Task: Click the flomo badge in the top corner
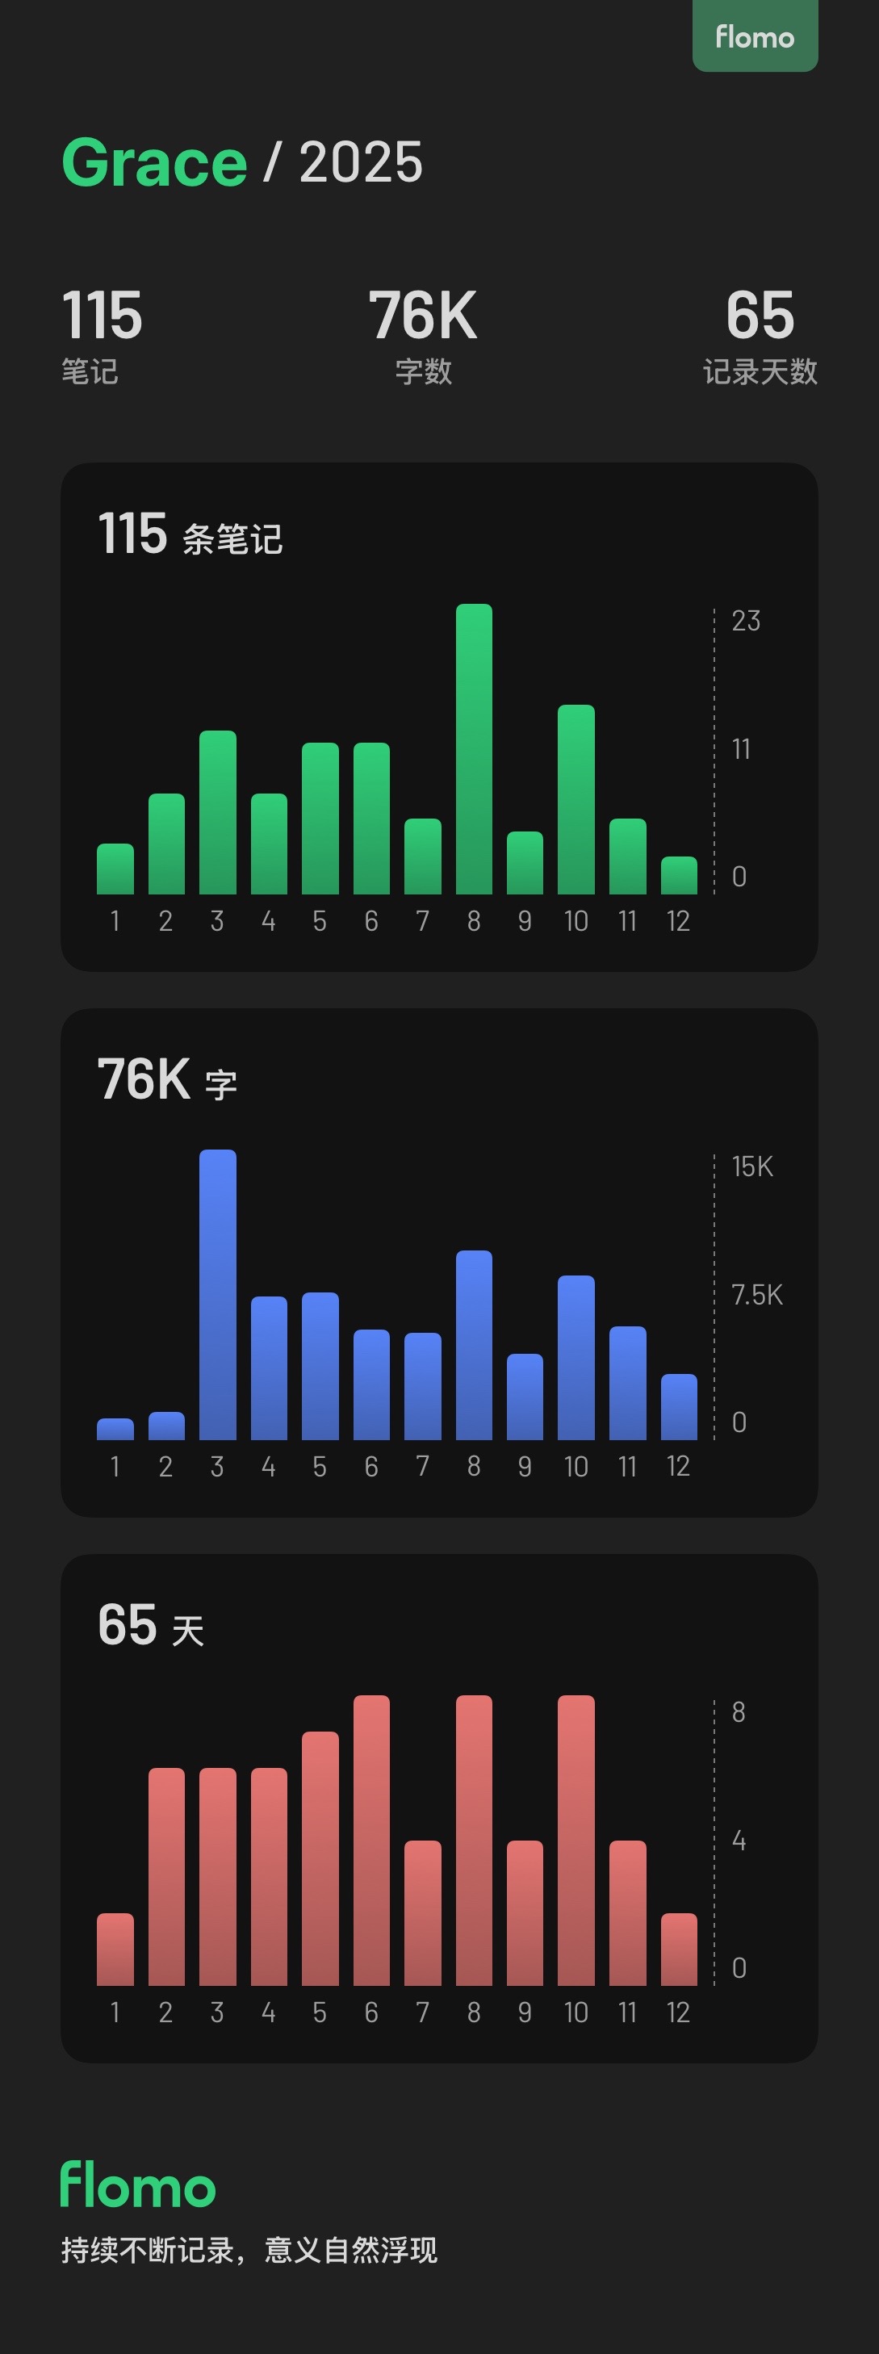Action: (755, 36)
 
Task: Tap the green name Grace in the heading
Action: (154, 162)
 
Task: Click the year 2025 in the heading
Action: (361, 162)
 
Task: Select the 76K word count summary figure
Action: (423, 316)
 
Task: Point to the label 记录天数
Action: (760, 372)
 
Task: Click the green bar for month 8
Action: (473, 749)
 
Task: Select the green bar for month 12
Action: (679, 875)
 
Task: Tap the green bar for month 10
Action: (576, 799)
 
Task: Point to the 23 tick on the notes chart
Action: (746, 622)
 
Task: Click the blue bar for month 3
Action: (217, 1295)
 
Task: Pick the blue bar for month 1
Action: (115, 1429)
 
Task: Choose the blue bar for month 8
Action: (473, 1345)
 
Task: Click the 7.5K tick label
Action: (756, 1295)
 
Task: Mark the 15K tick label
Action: (752, 1167)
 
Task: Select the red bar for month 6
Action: (371, 1841)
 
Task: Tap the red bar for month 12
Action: (679, 1950)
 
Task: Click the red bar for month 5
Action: (320, 1858)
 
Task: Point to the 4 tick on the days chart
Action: (739, 1841)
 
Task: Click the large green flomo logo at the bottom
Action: (138, 2186)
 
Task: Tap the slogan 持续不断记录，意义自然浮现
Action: (249, 2250)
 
